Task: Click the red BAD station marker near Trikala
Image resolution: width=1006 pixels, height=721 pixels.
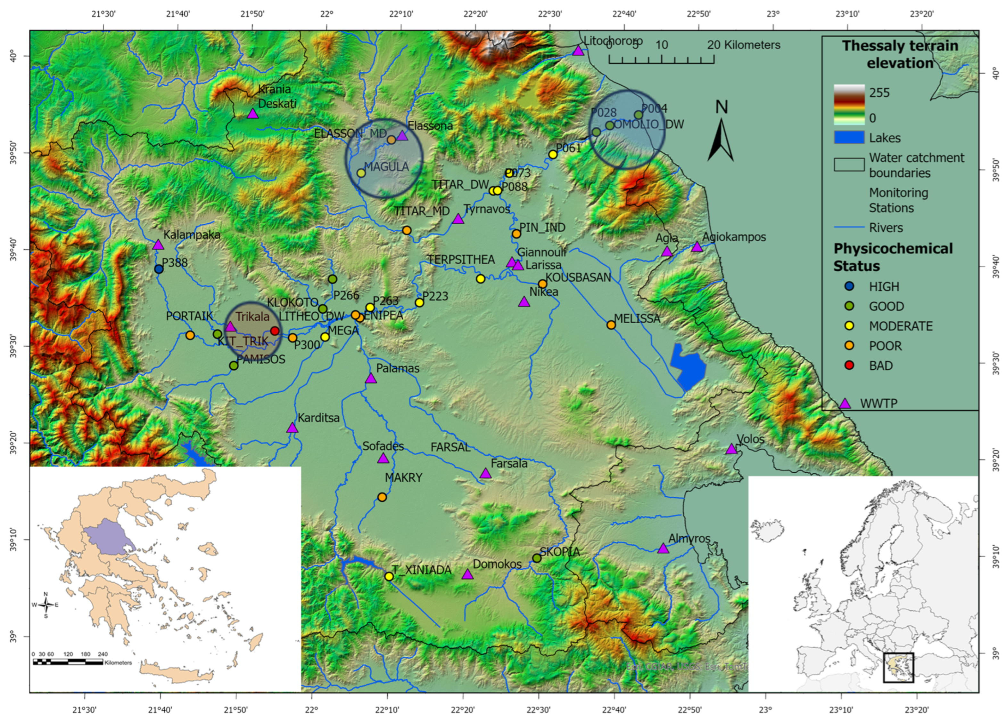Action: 275,331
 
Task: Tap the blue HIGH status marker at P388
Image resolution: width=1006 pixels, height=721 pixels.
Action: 159,269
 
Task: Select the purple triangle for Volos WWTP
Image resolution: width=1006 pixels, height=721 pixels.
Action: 731,449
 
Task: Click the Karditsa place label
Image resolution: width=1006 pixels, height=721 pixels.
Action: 318,417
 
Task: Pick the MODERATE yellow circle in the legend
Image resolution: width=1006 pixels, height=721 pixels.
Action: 849,326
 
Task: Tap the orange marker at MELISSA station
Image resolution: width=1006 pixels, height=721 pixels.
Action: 611,325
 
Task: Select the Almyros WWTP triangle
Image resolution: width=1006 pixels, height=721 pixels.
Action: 663,549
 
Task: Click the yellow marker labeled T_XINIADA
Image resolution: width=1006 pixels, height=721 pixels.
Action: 389,576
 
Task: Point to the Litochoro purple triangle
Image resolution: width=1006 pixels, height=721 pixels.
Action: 578,51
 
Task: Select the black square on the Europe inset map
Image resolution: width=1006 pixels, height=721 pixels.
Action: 898,667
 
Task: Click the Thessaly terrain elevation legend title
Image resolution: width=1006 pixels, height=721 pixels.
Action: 900,54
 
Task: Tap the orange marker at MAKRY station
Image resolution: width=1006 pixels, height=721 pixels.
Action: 382,497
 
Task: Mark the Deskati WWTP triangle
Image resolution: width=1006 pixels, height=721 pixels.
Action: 252,113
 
